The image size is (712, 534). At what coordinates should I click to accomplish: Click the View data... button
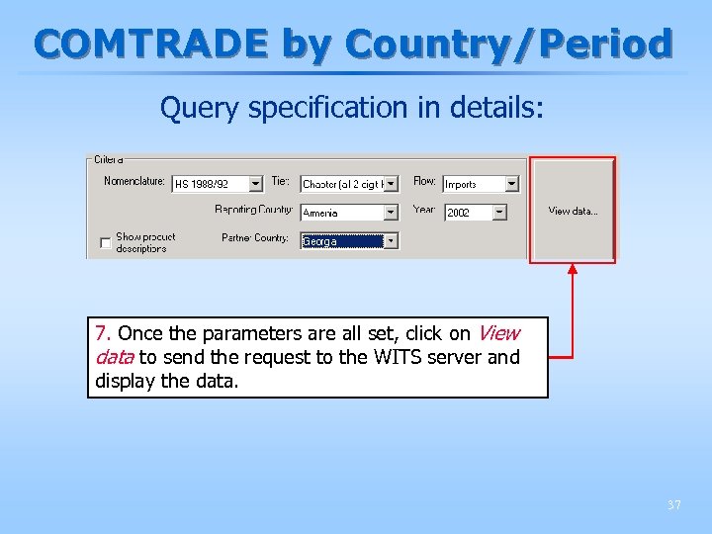point(573,211)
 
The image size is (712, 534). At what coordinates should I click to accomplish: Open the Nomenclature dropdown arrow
point(255,184)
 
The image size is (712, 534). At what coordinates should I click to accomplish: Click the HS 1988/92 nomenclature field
point(209,184)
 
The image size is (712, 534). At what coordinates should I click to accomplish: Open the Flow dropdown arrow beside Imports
point(511,184)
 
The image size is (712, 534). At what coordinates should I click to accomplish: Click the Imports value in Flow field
point(472,184)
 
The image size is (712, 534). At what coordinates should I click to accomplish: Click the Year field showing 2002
point(467,213)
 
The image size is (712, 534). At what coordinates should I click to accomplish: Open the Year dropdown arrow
point(499,213)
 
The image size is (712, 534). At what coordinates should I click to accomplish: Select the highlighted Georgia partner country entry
point(340,241)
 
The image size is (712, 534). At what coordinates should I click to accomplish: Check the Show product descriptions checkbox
point(106,243)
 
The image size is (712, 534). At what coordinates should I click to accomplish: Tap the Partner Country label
point(255,238)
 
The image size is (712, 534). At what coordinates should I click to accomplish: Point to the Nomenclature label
point(134,181)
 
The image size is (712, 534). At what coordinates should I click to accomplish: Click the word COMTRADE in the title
point(152,44)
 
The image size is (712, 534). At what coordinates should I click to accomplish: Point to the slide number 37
point(673,505)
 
